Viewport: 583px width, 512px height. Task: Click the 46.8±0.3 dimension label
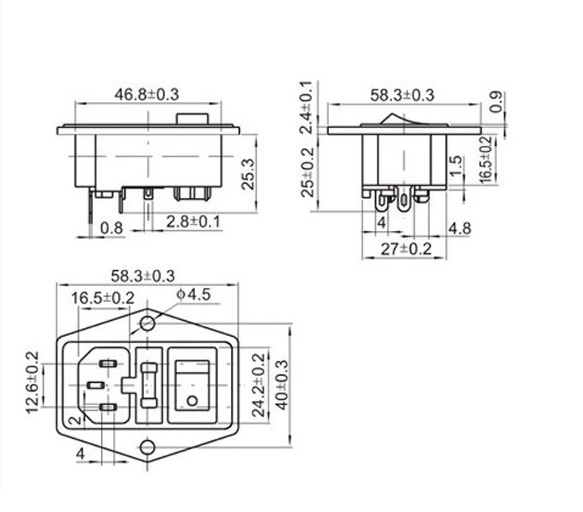(x=147, y=95)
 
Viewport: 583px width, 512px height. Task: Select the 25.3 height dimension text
(x=248, y=174)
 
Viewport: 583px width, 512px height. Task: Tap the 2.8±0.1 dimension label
(x=193, y=221)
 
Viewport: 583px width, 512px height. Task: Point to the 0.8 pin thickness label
(x=112, y=228)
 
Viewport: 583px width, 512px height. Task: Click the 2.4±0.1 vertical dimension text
(x=307, y=107)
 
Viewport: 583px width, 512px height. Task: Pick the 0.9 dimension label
(x=496, y=101)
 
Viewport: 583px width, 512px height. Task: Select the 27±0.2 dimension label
(x=406, y=248)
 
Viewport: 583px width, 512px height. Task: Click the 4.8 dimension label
(x=460, y=229)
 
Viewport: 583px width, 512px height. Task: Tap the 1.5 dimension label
(x=456, y=166)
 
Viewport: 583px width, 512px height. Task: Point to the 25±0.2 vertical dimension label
(x=307, y=173)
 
